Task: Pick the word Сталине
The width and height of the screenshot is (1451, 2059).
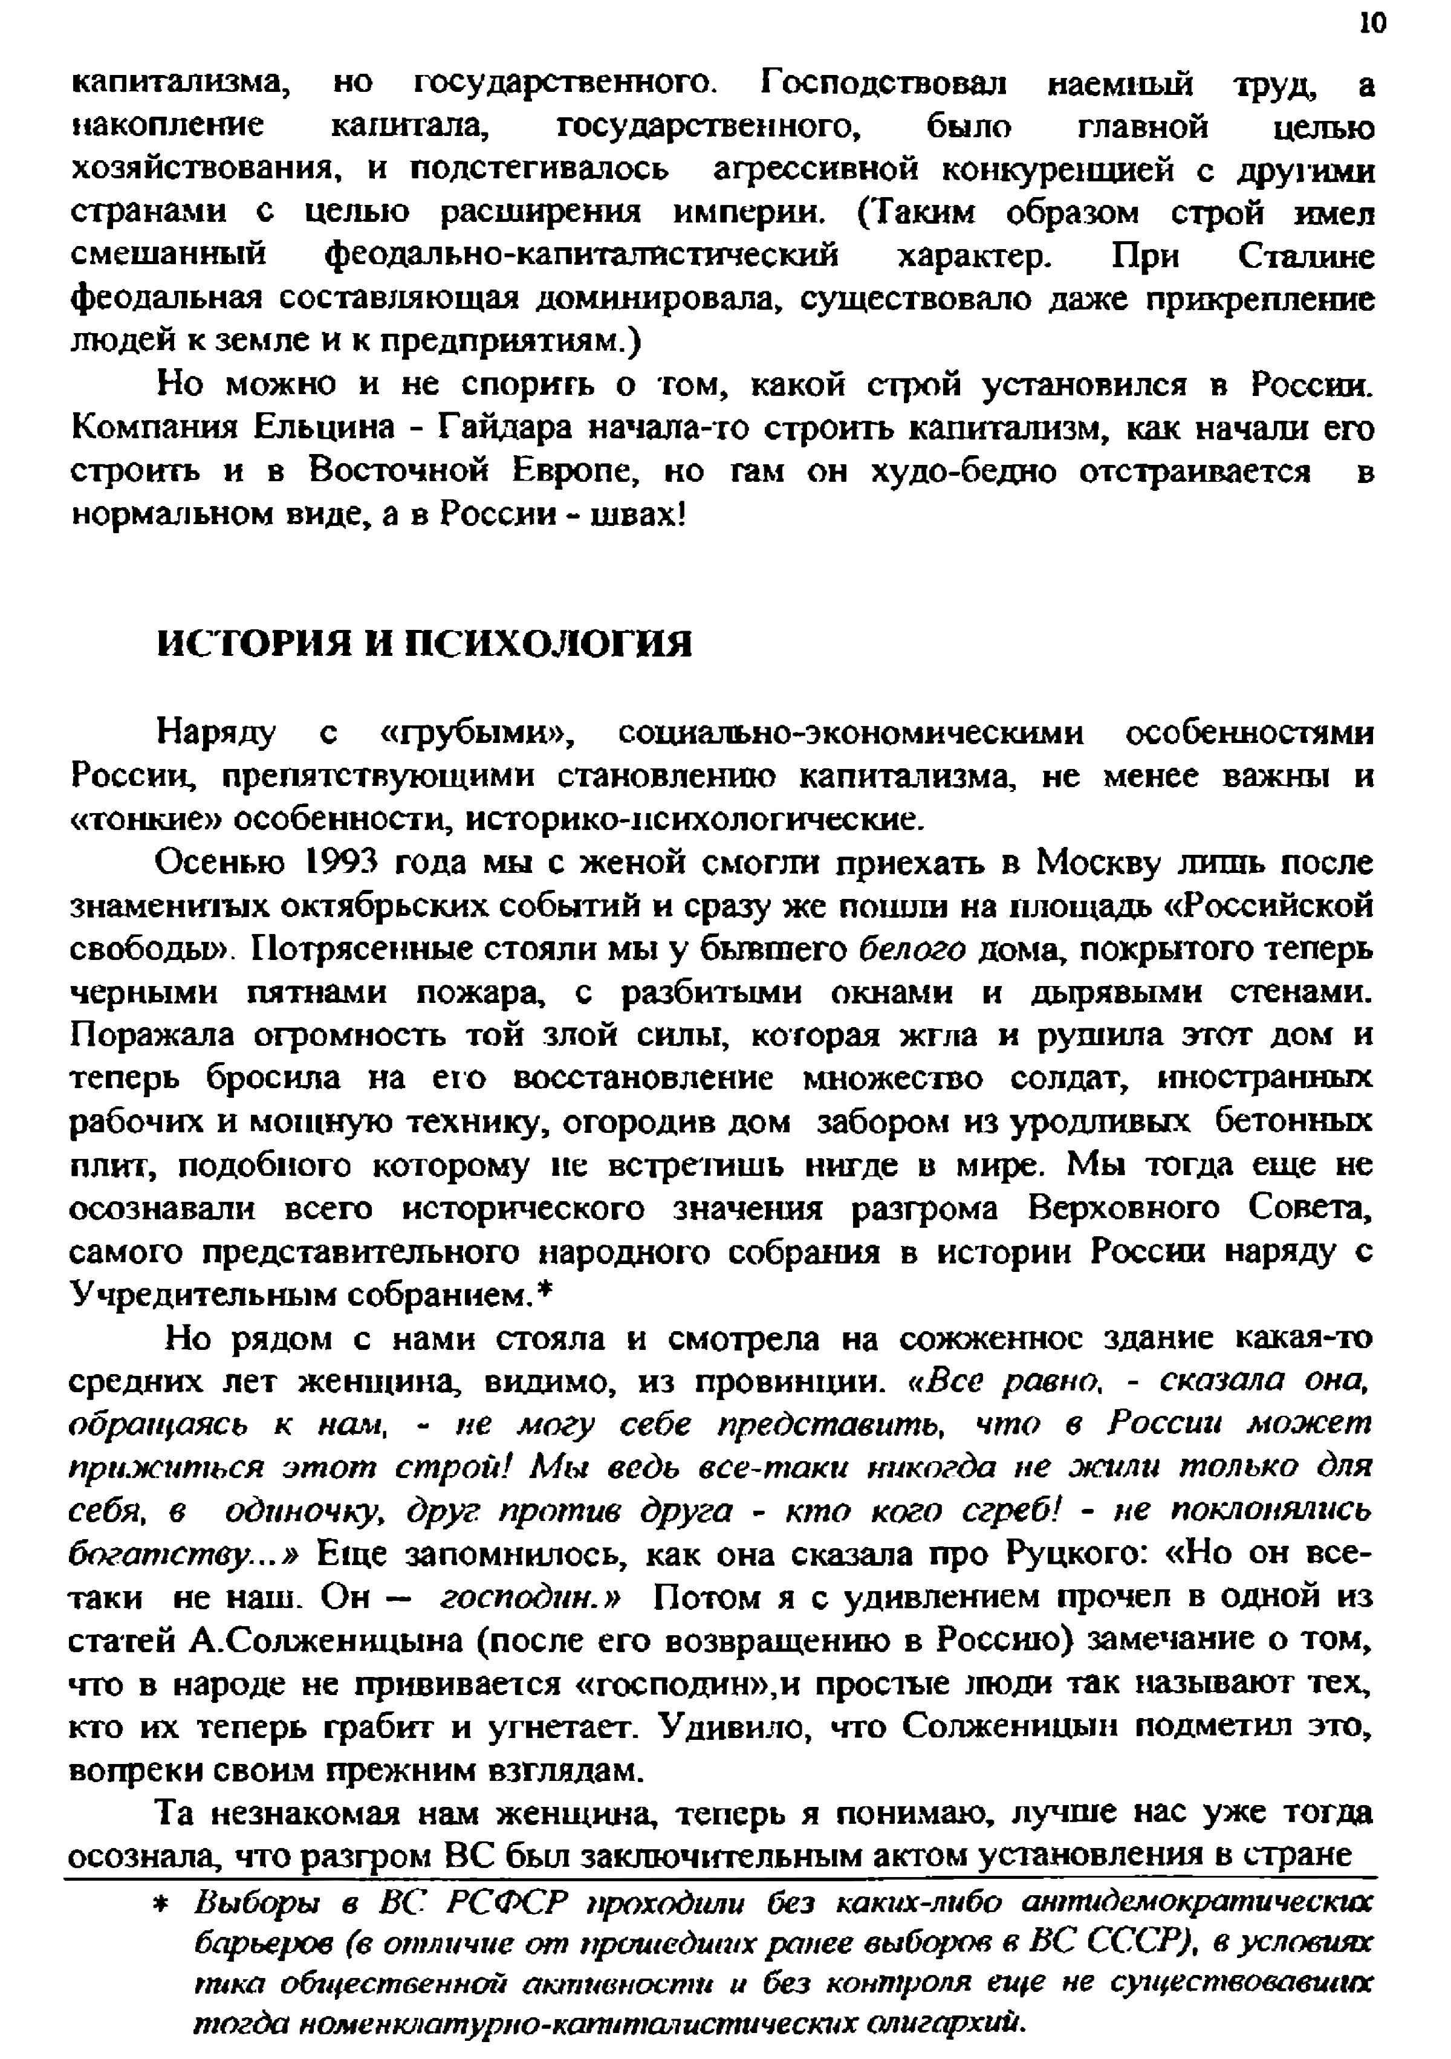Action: tap(1307, 256)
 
